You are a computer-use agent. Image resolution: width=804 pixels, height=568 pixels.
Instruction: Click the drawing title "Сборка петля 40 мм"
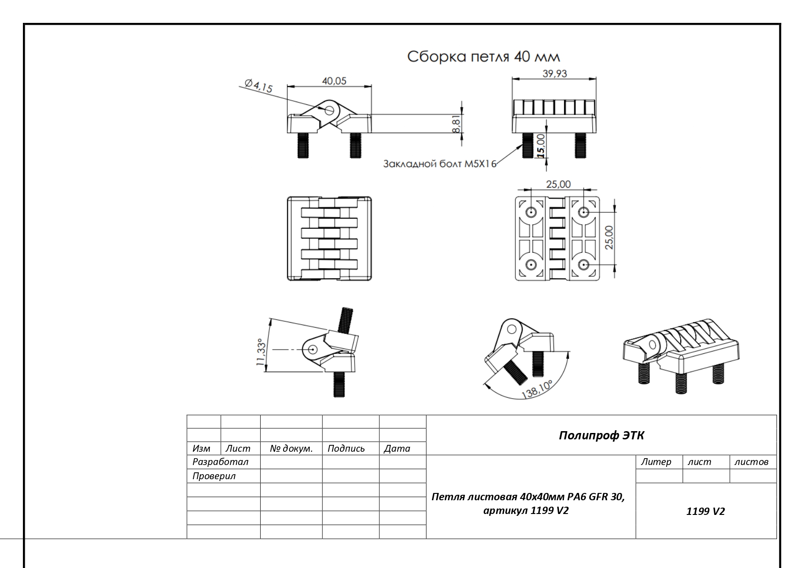(x=483, y=57)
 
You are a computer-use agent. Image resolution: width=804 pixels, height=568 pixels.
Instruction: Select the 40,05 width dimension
(x=334, y=81)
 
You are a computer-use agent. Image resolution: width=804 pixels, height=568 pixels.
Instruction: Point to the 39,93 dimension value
(x=555, y=73)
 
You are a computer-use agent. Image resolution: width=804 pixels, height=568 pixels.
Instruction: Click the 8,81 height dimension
(x=457, y=124)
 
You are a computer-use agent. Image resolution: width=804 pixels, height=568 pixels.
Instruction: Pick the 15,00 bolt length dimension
(x=541, y=146)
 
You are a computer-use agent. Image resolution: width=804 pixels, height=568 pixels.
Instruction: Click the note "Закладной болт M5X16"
(x=440, y=163)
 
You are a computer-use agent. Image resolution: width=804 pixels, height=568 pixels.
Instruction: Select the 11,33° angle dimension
(x=261, y=352)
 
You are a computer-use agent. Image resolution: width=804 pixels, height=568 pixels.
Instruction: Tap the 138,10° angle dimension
(x=537, y=389)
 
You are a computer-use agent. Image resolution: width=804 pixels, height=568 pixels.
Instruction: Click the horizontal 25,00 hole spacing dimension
(x=558, y=184)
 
